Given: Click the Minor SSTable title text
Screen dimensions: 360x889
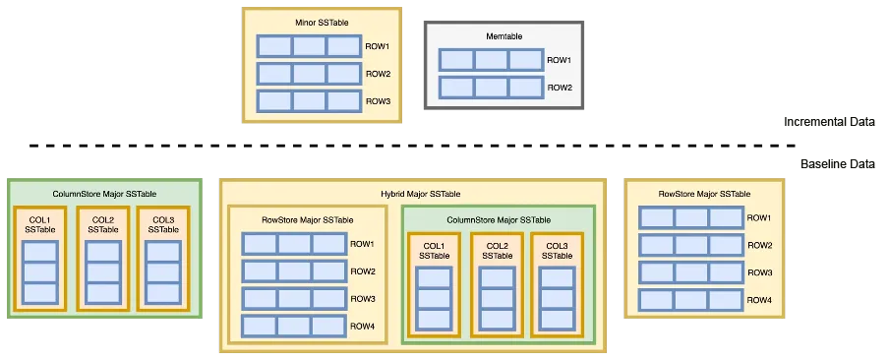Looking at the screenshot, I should click(x=322, y=22).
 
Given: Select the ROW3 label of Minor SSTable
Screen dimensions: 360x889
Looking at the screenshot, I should click(x=379, y=101).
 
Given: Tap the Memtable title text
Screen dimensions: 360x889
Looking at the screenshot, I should click(x=504, y=36).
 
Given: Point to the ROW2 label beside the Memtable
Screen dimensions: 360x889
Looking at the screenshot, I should click(x=560, y=88).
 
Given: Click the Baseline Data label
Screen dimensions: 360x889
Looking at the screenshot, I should click(x=837, y=164).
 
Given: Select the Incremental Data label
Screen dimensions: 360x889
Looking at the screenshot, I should click(x=836, y=123).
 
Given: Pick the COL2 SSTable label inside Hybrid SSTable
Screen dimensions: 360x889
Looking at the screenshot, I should click(x=497, y=250).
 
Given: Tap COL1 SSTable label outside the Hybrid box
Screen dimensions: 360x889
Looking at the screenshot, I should click(x=39, y=224).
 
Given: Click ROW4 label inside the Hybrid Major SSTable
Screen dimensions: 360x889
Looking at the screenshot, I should click(x=363, y=326).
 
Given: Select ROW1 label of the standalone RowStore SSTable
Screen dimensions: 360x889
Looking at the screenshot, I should click(x=760, y=218).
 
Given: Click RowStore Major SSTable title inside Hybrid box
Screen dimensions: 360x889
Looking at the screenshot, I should click(x=308, y=219).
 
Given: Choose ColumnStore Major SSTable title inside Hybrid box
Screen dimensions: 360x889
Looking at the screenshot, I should click(x=499, y=219).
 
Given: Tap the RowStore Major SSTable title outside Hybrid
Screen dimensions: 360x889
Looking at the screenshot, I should click(x=704, y=194).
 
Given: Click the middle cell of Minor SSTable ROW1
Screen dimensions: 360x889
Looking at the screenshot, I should click(x=309, y=46).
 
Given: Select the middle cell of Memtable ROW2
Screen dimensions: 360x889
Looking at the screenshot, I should click(x=491, y=88).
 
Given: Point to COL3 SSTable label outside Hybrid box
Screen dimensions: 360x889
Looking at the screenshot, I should click(x=163, y=224).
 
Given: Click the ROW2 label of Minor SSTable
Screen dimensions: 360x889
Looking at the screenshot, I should click(x=379, y=74).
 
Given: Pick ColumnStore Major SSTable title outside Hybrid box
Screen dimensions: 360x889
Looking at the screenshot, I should click(x=104, y=194).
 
